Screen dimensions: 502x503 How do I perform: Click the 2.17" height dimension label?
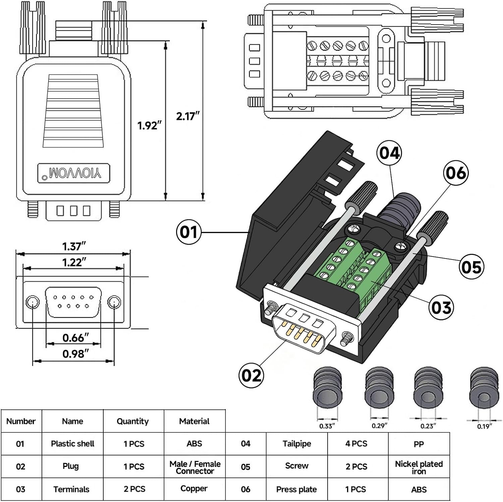(x=187, y=116)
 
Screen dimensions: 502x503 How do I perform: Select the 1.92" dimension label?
(x=149, y=125)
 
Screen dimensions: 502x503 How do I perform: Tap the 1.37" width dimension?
(x=74, y=246)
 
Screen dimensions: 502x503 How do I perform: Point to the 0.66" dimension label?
(x=75, y=337)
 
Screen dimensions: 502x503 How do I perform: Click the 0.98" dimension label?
(x=75, y=353)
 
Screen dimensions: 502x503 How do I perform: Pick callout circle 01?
(x=188, y=232)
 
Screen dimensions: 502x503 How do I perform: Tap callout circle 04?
(x=389, y=153)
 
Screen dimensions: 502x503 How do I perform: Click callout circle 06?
(x=456, y=173)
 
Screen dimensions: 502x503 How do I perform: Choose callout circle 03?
(x=441, y=307)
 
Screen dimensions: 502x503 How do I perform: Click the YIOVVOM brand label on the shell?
(x=74, y=173)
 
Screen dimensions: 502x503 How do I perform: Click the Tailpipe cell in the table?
(x=297, y=444)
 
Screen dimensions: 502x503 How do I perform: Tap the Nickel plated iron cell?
(x=419, y=467)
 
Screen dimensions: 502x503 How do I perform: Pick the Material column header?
(x=194, y=421)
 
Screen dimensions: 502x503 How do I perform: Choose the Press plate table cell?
(x=296, y=489)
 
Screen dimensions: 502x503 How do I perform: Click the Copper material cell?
(x=194, y=489)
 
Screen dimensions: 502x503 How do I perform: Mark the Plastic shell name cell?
(x=72, y=444)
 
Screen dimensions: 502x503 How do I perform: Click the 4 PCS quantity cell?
(x=356, y=444)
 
